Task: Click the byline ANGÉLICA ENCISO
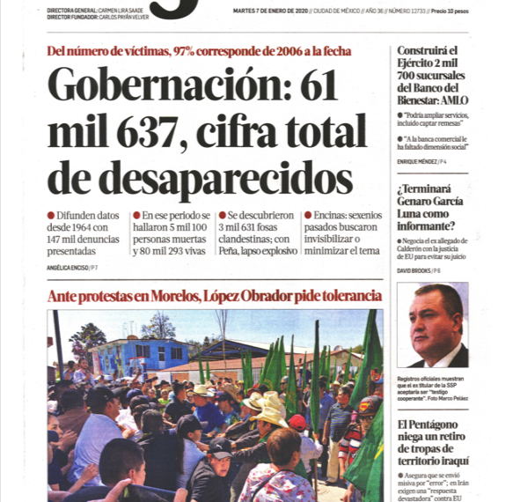tap(67, 266)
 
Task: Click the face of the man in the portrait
tap(436, 316)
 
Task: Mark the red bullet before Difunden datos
tap(51, 215)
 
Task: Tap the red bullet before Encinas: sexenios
tap(308, 215)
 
